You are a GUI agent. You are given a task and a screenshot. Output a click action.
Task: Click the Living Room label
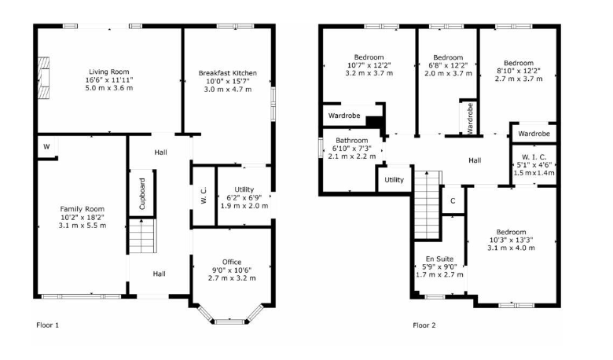(x=108, y=72)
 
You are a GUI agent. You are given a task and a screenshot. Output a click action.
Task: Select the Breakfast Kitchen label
(x=228, y=73)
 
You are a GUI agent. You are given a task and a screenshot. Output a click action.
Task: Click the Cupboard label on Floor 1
(x=142, y=193)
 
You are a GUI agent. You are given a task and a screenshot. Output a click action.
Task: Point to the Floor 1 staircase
(x=143, y=236)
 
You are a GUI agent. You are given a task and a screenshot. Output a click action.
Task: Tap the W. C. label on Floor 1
(x=204, y=196)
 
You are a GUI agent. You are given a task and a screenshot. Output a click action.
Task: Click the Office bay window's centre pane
(x=229, y=321)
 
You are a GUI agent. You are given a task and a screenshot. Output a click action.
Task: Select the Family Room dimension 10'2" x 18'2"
(x=82, y=217)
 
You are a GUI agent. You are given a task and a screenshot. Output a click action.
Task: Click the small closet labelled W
(x=47, y=147)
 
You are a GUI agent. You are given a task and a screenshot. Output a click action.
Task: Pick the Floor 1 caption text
(x=47, y=325)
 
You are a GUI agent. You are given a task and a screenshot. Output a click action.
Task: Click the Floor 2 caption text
(x=424, y=325)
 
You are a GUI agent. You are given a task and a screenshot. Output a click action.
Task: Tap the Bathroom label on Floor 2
(x=352, y=141)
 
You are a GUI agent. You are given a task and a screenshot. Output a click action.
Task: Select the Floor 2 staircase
(x=428, y=205)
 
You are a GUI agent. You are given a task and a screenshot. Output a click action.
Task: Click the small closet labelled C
(x=453, y=201)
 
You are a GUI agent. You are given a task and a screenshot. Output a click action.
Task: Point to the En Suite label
(x=439, y=259)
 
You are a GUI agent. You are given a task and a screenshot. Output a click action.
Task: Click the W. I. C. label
(x=534, y=157)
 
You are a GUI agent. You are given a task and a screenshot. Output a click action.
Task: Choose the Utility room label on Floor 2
(x=394, y=180)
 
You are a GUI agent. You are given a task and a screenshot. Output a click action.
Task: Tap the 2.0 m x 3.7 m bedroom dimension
(x=448, y=73)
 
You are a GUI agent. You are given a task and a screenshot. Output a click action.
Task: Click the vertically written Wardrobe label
(x=470, y=118)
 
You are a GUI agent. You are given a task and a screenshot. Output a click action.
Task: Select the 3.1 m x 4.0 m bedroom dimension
(x=511, y=248)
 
